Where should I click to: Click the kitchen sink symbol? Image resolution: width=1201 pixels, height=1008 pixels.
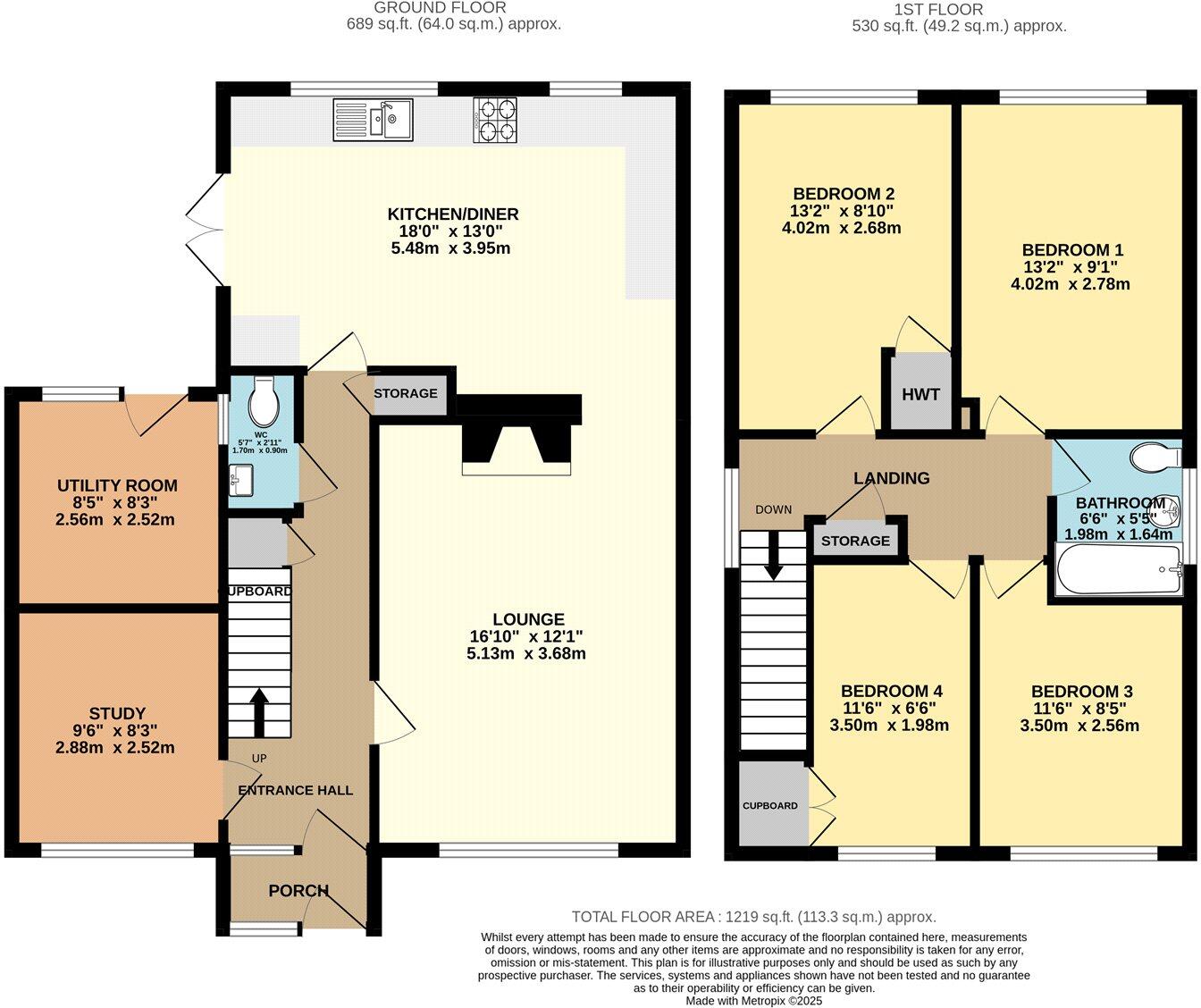coord(373,120)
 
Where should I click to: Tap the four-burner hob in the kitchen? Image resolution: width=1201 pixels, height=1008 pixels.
coord(495,121)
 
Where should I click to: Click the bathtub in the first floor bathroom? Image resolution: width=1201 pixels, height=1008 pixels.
coord(1118,569)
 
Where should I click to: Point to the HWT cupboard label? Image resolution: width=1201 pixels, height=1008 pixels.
coord(920,394)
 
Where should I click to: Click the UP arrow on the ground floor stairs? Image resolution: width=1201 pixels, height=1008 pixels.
coord(259,710)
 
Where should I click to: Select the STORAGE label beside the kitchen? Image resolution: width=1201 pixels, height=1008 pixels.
coord(406,393)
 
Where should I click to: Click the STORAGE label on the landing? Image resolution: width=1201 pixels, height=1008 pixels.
coord(855,541)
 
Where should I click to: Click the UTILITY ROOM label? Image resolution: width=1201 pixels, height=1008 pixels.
coord(117,485)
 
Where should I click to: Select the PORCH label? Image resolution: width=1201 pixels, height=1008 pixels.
coord(298,891)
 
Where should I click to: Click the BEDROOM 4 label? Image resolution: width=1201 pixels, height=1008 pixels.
coord(891,691)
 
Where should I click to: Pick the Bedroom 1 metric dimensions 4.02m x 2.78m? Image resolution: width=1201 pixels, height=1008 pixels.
coord(1072,284)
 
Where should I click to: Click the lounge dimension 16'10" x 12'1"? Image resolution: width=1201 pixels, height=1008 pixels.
coord(528,636)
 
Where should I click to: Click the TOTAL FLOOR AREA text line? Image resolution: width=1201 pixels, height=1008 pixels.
coord(753,917)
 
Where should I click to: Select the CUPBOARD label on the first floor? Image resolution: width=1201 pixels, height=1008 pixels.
coord(769,806)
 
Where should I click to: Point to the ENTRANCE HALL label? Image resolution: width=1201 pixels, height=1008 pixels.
coord(295,790)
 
